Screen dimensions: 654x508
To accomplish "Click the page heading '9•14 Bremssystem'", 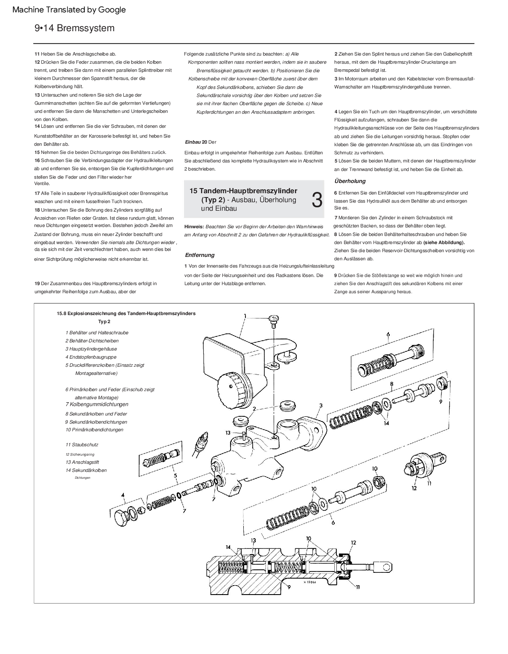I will coord(75,28).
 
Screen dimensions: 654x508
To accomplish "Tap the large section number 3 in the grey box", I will coord(316,200).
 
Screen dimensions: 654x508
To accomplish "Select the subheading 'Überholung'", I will coord(350,181).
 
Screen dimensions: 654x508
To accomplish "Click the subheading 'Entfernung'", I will coord(199,255).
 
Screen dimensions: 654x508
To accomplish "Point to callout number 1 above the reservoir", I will coord(245,316).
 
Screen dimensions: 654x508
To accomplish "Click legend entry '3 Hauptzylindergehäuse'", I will coord(91,349).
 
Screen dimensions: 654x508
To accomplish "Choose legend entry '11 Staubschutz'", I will coord(82,445).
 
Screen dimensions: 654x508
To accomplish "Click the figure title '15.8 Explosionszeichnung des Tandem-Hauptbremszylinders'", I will coord(126,313).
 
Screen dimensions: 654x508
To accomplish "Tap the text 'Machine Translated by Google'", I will coord(69,9).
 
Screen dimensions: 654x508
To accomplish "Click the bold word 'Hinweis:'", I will coord(194,226).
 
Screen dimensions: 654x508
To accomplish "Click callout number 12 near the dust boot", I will coord(414,488).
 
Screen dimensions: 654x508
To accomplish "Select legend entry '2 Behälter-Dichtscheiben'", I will coord(92,341).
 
